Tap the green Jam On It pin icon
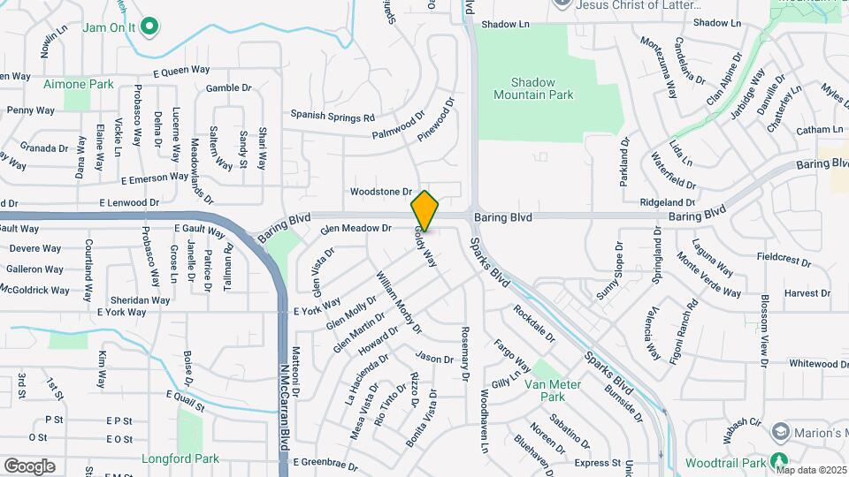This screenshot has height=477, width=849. click(x=149, y=26)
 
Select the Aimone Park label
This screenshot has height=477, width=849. click(x=79, y=84)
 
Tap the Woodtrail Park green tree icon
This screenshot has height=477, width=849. click(x=778, y=462)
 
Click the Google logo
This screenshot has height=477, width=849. click(x=29, y=466)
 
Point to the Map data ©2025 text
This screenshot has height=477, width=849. click(x=811, y=469)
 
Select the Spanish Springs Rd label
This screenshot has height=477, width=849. click(x=333, y=117)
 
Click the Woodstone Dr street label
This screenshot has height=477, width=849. click(x=381, y=191)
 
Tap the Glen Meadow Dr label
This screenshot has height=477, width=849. click(x=356, y=228)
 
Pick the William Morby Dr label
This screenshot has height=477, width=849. click(x=399, y=302)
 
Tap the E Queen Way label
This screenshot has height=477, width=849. click(x=180, y=72)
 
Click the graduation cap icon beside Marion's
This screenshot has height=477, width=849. click(x=780, y=432)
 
